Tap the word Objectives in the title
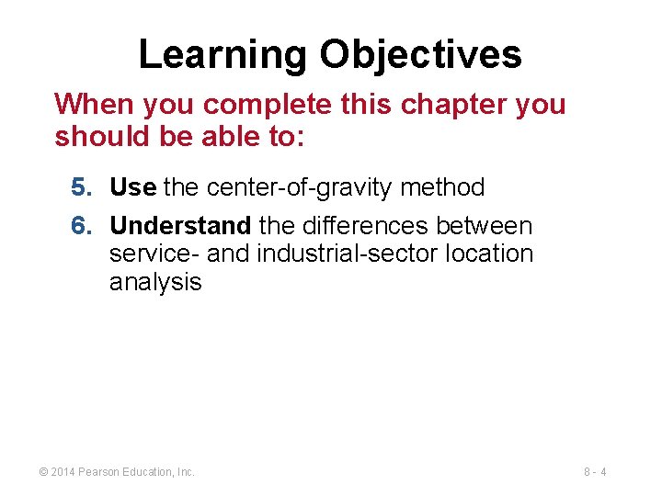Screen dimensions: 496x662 tap(420, 55)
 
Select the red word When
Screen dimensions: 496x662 tap(88, 104)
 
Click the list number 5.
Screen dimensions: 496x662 tap(81, 187)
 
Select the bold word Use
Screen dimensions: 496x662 tap(132, 187)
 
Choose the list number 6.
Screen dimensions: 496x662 tap(81, 225)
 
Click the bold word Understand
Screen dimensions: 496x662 tap(180, 225)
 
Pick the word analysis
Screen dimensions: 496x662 tap(154, 282)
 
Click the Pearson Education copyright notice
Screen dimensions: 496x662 tap(116, 472)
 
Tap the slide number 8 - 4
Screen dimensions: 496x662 tap(595, 472)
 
